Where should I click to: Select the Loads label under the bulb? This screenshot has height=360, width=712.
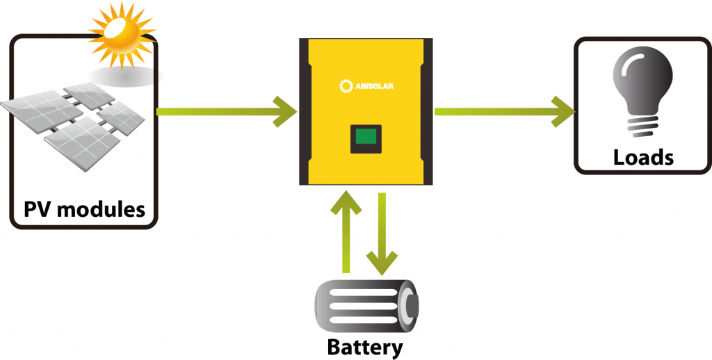643,157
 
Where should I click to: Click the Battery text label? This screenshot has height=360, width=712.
365,346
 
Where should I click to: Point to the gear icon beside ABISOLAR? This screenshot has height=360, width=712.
346,86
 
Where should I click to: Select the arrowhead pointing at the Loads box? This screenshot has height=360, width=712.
565,111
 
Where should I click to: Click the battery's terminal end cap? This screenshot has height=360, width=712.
410,304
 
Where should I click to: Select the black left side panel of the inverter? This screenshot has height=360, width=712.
305,111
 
